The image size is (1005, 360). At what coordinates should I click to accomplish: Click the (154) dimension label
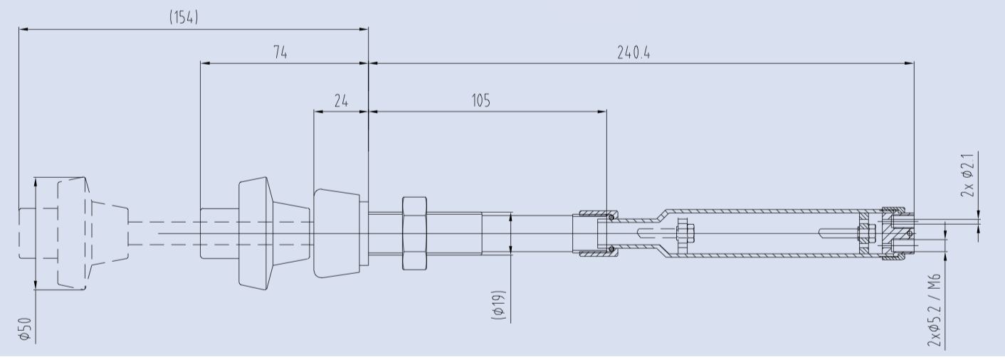[184, 17]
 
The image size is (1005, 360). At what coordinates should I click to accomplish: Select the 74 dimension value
[280, 53]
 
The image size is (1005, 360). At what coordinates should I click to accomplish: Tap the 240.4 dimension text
[633, 53]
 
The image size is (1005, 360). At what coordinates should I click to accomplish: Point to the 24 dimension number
[341, 100]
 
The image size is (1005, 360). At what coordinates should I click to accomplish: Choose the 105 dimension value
[480, 100]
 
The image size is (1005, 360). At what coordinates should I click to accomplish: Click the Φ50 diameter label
[26, 329]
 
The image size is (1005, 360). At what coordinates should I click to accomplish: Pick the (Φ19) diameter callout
[499, 305]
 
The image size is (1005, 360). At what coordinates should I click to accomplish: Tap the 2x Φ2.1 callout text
[967, 175]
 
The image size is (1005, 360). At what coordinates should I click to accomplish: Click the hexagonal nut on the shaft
[414, 233]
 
